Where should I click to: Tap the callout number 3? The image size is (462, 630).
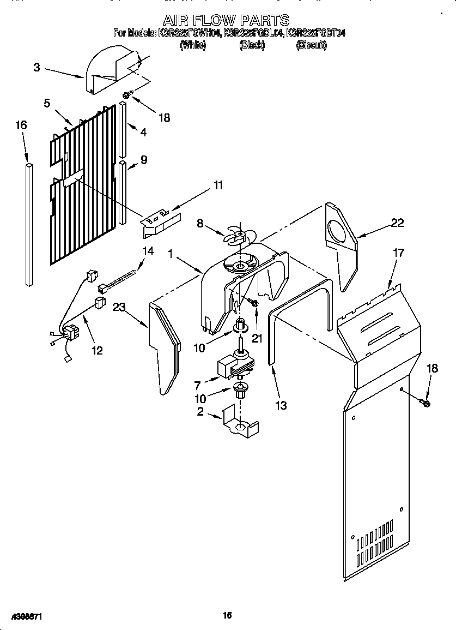[37, 68]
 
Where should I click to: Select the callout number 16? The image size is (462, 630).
[21, 125]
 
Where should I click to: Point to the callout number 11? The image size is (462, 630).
[218, 185]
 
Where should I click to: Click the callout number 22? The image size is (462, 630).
[397, 222]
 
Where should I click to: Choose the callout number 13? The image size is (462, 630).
[281, 405]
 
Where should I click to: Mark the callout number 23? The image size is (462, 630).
[119, 308]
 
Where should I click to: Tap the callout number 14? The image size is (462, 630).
[148, 251]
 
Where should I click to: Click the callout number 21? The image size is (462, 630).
[257, 338]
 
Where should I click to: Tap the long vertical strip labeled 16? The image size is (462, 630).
[29, 224]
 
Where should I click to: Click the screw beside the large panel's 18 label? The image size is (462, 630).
[426, 403]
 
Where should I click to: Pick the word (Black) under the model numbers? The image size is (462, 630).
[252, 46]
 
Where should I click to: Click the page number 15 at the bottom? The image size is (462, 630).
[228, 615]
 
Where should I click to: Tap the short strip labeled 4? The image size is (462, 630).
[123, 129]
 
